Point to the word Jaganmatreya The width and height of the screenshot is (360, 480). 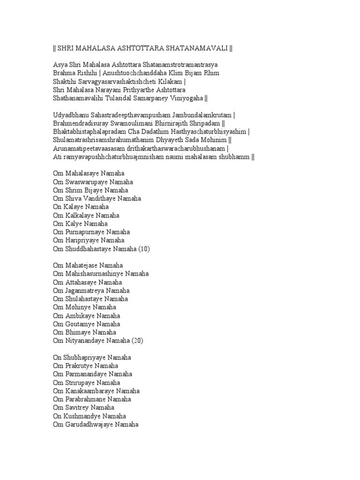(85, 291)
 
